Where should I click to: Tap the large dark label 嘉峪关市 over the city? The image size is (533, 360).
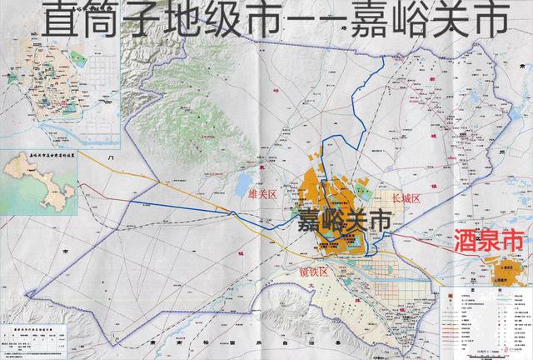tap(342, 222)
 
